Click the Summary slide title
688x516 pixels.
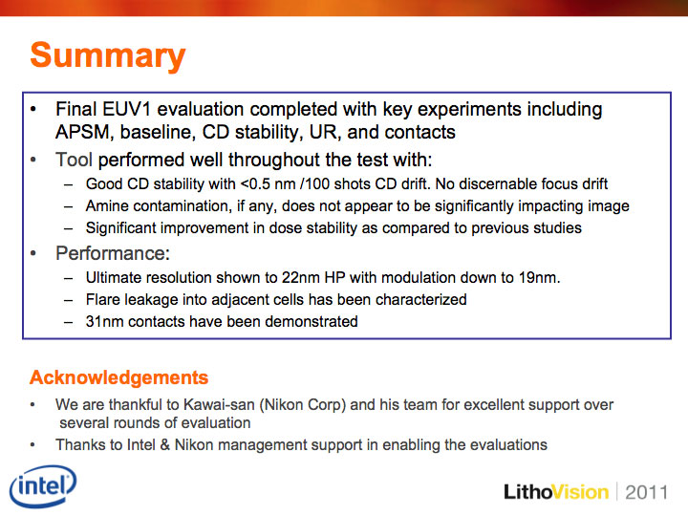[x=108, y=55]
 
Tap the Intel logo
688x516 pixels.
[x=43, y=485]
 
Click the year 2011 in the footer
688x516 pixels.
[x=646, y=492]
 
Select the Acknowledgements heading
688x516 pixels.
[x=118, y=377]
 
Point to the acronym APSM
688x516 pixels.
[x=82, y=132]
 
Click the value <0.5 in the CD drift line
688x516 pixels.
[x=255, y=183]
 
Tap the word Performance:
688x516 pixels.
[x=113, y=253]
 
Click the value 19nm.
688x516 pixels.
[x=539, y=278]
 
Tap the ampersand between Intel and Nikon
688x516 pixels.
[x=165, y=445]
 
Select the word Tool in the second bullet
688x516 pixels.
[x=74, y=160]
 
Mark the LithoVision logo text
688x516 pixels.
[x=556, y=492]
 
